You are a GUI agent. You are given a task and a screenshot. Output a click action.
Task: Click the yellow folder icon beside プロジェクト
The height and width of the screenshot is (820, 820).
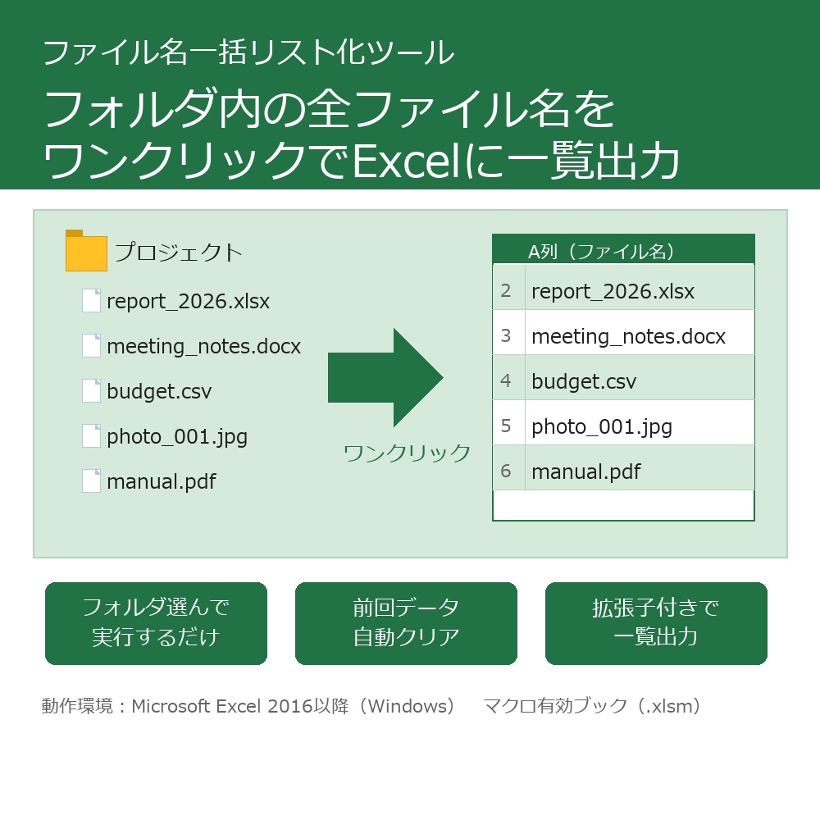click(x=86, y=252)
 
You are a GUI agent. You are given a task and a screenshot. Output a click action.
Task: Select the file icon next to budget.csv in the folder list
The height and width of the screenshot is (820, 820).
click(x=91, y=391)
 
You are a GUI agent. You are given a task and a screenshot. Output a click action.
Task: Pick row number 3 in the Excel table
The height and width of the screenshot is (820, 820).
click(x=506, y=335)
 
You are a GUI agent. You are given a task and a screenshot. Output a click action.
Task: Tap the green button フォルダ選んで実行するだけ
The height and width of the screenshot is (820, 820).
click(x=156, y=623)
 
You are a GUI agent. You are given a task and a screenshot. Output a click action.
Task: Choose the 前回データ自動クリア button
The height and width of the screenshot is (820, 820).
click(x=406, y=623)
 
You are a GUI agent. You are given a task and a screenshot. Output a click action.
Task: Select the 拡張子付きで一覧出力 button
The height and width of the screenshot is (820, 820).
click(x=656, y=623)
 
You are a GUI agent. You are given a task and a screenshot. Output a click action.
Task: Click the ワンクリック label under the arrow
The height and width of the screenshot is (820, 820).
click(x=407, y=453)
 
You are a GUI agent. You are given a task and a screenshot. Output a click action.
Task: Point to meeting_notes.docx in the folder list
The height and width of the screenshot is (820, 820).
click(x=203, y=346)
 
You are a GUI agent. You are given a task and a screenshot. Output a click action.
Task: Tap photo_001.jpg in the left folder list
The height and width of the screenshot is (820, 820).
click(x=176, y=436)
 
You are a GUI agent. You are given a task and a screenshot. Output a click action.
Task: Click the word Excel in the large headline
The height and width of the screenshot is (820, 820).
click(x=408, y=160)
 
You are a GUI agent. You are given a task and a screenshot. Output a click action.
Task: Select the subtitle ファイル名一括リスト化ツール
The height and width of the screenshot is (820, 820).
click(x=248, y=52)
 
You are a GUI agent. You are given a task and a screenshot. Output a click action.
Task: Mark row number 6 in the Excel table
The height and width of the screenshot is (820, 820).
click(x=506, y=471)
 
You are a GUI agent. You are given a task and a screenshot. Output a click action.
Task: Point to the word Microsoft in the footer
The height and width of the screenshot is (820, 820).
click(x=171, y=706)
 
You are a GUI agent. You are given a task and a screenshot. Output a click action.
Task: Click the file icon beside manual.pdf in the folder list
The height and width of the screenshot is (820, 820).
click(x=91, y=481)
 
